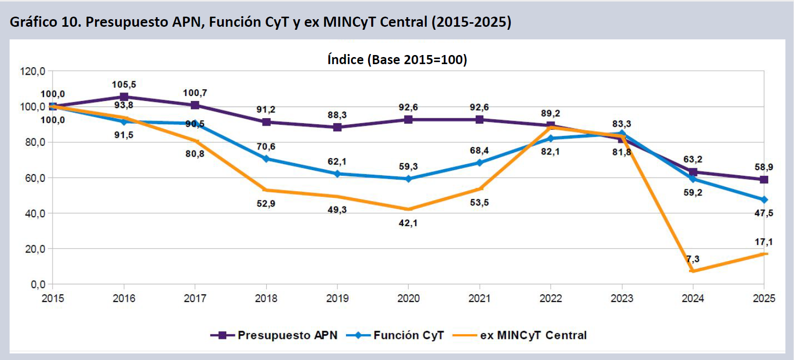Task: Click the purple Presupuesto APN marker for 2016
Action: (x=124, y=97)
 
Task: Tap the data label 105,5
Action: (x=124, y=85)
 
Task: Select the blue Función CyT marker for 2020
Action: (x=408, y=179)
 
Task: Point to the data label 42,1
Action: (x=408, y=223)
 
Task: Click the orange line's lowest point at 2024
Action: (x=692, y=271)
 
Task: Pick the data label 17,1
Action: (x=764, y=242)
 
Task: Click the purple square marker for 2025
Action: (x=764, y=179)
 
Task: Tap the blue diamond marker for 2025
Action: (x=764, y=200)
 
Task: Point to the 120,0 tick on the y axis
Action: (x=32, y=71)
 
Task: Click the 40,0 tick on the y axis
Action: (x=35, y=214)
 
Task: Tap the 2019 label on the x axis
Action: (x=337, y=298)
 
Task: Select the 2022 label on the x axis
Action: (x=551, y=298)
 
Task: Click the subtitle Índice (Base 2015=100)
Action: (x=397, y=60)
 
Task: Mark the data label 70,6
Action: (x=266, y=147)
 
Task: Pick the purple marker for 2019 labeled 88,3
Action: (x=337, y=127)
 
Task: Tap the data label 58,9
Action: (x=764, y=167)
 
